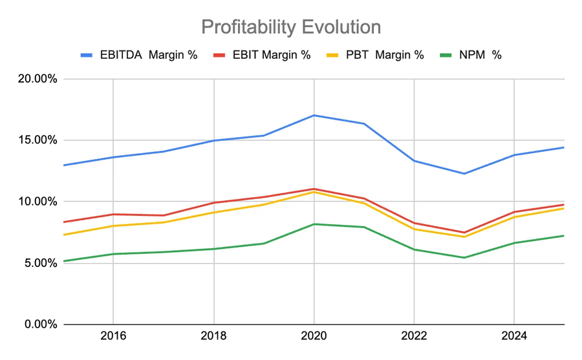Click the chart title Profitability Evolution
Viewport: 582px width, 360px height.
290,26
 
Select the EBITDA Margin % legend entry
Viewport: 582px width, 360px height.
139,55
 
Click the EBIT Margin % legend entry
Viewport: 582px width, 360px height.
261,55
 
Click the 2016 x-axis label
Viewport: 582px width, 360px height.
113,337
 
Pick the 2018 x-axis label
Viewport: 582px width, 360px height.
213,337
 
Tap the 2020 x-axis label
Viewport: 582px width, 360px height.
314,337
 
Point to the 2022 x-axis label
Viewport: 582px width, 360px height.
414,337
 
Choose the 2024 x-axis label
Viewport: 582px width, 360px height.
514,337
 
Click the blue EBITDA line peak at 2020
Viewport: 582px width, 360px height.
314,115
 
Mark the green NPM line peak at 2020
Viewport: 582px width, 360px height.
314,224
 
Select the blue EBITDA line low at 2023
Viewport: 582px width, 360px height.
464,173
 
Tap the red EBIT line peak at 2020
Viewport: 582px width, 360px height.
314,189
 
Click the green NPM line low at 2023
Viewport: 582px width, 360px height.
464,257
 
